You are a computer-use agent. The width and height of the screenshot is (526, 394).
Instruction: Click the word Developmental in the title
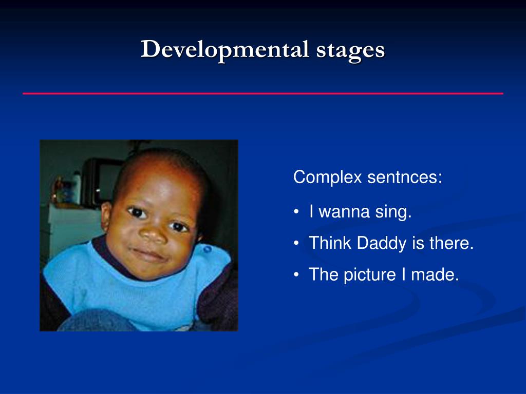pos(225,50)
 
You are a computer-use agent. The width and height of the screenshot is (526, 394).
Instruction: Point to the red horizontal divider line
pos(263,93)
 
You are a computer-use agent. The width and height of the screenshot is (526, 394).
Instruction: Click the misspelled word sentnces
pos(405,177)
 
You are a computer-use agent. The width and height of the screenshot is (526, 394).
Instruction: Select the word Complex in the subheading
pos(327,178)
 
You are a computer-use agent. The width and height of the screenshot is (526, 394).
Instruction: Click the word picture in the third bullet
pos(370,275)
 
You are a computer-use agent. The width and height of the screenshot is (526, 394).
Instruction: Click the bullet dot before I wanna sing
pos(296,212)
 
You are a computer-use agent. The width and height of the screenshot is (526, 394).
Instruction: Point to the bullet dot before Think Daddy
pos(296,244)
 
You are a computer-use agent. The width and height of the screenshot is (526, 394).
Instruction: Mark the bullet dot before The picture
pos(296,275)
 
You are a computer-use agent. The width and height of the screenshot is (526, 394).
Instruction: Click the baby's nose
pos(153,234)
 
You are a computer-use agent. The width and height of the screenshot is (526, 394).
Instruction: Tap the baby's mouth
pos(148,254)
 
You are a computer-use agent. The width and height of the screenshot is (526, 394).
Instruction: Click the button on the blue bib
pos(208,249)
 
